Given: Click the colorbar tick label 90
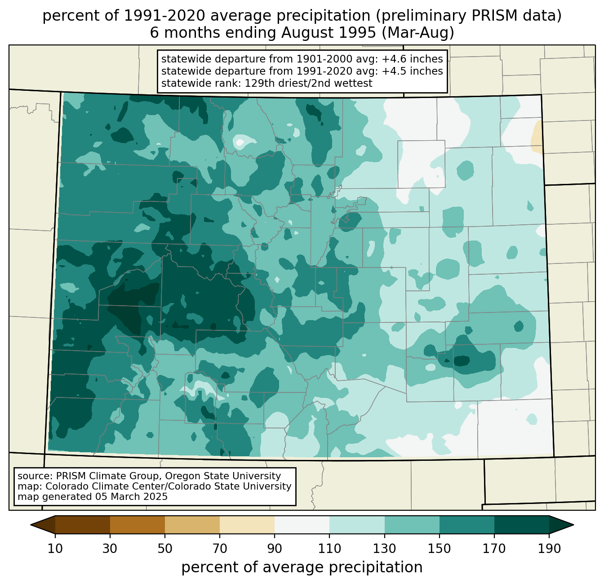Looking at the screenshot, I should (x=275, y=549).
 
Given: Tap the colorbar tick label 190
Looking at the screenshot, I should (x=549, y=549).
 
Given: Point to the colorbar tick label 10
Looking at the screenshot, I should (x=55, y=549).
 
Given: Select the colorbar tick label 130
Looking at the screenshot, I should (x=385, y=549).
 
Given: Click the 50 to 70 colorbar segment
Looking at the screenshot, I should (x=192, y=525).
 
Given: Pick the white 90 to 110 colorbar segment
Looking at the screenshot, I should (x=302, y=525).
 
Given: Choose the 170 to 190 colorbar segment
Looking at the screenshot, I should (x=521, y=525).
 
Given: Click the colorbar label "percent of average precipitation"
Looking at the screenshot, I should (x=302, y=567).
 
